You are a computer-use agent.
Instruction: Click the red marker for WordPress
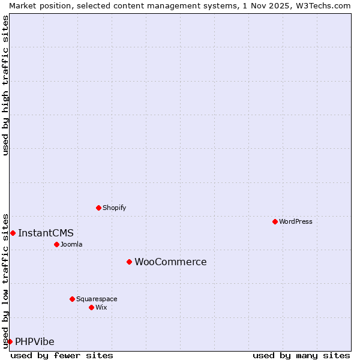[x=275, y=221]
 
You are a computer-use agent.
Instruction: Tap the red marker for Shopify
[x=98, y=208]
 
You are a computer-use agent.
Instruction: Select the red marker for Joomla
[x=56, y=244]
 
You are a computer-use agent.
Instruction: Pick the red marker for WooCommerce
[x=129, y=262]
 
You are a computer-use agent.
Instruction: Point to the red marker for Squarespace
[x=72, y=299]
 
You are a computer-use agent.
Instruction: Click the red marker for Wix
[x=91, y=307]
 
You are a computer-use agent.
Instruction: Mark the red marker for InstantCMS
[x=13, y=233]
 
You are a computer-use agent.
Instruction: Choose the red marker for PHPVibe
[x=10, y=341]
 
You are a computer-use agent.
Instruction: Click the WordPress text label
[x=296, y=221]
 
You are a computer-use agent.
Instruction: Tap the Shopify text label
[x=114, y=208]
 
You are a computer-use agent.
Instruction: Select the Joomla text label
[x=71, y=244]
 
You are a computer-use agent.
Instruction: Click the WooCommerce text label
[x=170, y=262]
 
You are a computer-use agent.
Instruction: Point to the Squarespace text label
[x=97, y=299]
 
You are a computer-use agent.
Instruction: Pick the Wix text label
[x=101, y=307]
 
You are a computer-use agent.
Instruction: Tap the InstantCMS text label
[x=46, y=233]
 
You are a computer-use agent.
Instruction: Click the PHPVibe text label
[x=35, y=341]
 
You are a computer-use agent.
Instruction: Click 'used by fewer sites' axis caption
[x=62, y=355]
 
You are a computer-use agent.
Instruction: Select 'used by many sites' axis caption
[x=301, y=355]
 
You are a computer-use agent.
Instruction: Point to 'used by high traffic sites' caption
[x=6, y=85]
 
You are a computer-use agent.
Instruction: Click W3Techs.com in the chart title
[x=319, y=5]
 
